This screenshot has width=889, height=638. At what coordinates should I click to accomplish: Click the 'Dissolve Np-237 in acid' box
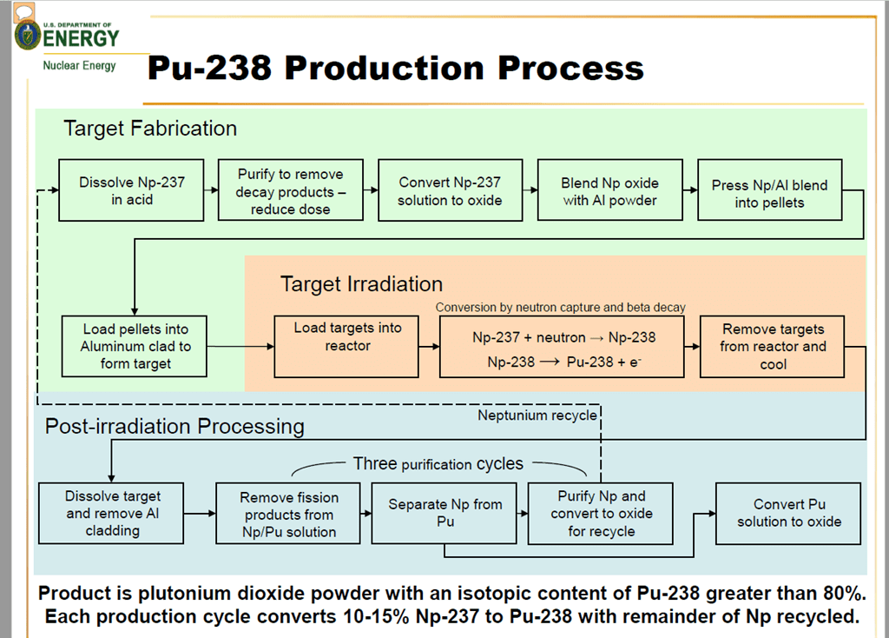click(132, 190)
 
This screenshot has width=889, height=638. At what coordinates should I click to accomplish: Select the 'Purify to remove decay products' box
click(291, 190)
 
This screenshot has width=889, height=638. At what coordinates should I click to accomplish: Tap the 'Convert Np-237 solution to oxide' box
click(450, 190)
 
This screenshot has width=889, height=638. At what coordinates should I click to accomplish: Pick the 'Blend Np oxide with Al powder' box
click(610, 190)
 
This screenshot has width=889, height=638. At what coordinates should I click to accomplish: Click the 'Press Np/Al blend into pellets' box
click(770, 190)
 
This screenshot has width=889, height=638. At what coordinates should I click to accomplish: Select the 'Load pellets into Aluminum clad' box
click(135, 346)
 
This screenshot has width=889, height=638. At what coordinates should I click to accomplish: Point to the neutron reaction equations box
click(562, 347)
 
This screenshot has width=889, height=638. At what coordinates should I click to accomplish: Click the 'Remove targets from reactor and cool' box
click(773, 347)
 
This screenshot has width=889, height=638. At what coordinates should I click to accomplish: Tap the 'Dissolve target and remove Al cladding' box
click(112, 513)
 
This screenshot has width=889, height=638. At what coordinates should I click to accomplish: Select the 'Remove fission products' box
click(288, 514)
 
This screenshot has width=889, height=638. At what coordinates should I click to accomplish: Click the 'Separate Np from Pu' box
click(444, 513)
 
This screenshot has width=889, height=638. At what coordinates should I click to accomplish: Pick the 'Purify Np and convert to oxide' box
click(602, 513)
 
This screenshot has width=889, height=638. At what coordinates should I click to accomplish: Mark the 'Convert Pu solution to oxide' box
click(788, 513)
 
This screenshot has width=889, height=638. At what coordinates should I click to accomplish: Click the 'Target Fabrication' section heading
click(150, 129)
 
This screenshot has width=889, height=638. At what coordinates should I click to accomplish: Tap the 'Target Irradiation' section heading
click(361, 284)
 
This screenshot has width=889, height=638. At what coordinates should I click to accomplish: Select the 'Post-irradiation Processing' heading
click(175, 426)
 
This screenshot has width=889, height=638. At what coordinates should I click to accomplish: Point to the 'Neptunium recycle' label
click(537, 415)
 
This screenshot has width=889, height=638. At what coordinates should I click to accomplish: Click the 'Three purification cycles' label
click(438, 464)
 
